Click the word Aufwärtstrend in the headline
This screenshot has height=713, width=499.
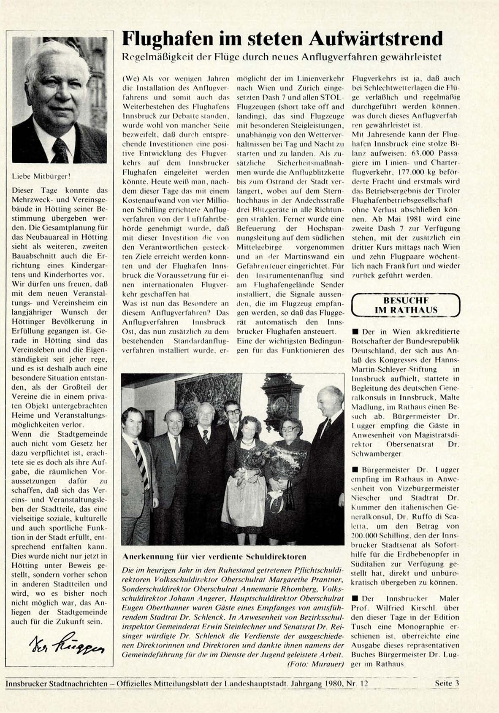click(375, 39)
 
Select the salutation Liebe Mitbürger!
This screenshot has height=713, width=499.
click(41, 177)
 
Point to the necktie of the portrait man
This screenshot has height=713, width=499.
click(60, 150)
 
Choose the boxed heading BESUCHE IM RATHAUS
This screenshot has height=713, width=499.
click(406, 305)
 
